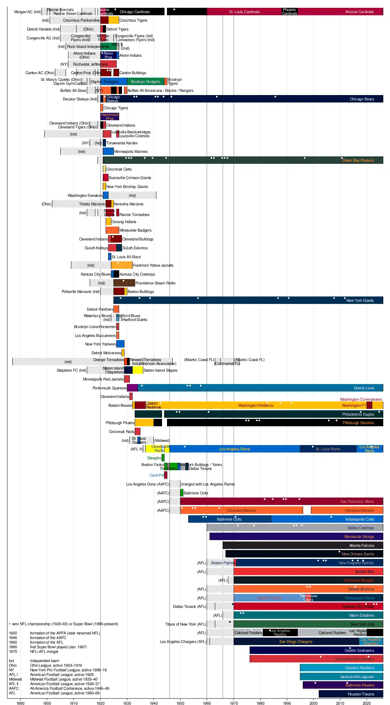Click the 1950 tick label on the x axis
point(180,703)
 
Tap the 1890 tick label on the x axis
point(21,703)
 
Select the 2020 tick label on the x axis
point(367,703)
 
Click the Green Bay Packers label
point(358,160)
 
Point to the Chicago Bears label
point(362,99)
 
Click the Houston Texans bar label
point(361,694)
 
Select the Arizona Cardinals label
point(359,12)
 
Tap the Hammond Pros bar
point(110,117)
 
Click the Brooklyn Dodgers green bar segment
point(145,82)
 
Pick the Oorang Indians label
point(124,222)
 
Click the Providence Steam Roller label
point(155,283)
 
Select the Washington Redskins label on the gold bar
point(256,405)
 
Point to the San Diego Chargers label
point(296,642)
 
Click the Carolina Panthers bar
point(341,668)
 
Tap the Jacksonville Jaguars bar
point(341,677)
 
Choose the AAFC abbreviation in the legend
point(14,688)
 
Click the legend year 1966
point(13,647)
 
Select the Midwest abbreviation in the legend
point(15,679)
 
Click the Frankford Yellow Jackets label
point(153,265)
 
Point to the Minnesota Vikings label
point(359,537)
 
